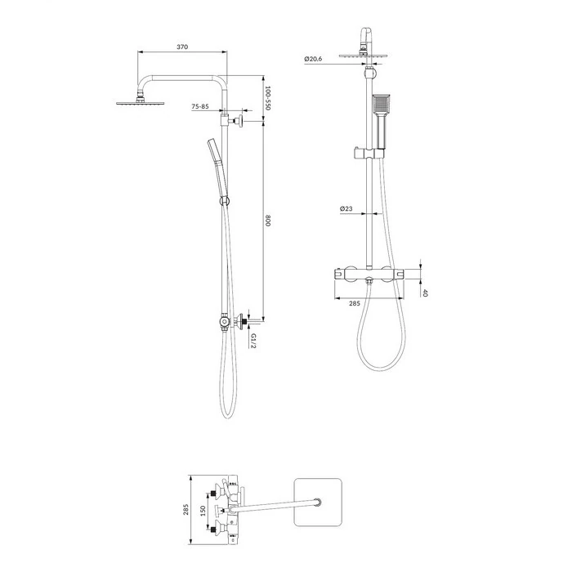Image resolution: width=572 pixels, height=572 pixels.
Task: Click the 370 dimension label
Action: [x=182, y=47]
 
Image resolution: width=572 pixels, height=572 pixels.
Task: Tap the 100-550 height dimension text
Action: [x=267, y=98]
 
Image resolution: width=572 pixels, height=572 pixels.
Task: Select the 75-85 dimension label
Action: [x=200, y=106]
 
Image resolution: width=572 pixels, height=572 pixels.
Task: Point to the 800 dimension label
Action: [x=267, y=221]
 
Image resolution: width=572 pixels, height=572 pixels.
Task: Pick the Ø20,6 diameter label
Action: [x=313, y=58]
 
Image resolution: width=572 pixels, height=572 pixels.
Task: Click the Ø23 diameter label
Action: [x=346, y=208]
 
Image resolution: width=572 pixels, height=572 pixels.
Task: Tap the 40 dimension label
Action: [x=424, y=293]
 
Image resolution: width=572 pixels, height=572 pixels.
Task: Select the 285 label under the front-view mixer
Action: [x=355, y=303]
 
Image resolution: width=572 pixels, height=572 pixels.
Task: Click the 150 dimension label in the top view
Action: [x=203, y=511]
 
